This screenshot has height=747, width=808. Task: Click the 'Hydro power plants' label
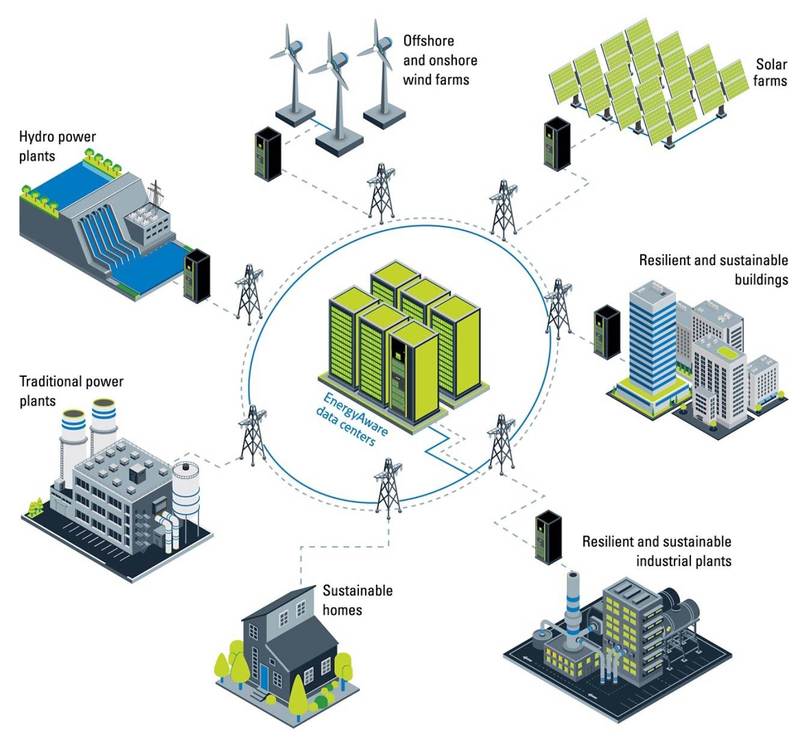(57, 146)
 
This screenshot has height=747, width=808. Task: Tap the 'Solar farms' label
(771, 72)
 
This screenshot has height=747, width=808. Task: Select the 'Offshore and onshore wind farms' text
(439, 60)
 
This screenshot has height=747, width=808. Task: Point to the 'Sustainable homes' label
(357, 600)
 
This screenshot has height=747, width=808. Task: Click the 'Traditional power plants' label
(71, 391)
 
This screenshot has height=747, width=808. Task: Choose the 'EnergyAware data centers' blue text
(352, 419)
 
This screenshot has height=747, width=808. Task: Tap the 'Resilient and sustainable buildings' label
(714, 269)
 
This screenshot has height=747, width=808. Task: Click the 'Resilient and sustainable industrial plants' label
(657, 550)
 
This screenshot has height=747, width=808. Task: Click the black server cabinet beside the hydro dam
(197, 276)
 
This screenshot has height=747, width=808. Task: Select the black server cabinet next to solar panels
(557, 143)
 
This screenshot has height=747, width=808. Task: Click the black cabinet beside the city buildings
(607, 331)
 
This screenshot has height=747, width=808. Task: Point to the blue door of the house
(264, 676)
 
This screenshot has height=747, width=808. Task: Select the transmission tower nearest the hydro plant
(249, 294)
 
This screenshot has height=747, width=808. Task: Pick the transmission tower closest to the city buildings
(559, 307)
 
